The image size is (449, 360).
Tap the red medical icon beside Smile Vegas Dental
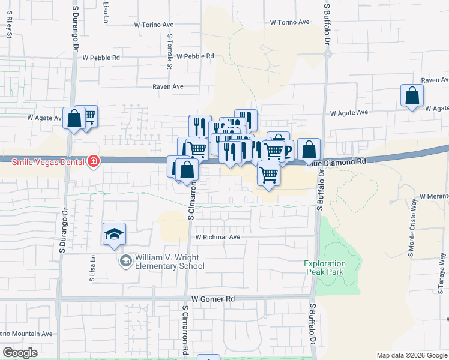(x=93, y=161)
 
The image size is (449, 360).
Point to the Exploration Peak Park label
(x=325, y=268)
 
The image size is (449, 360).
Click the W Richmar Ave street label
(x=217, y=237)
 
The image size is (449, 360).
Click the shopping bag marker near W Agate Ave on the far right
(x=412, y=95)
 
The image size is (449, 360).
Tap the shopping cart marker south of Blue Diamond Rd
(x=268, y=175)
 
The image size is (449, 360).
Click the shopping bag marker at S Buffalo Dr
(x=309, y=149)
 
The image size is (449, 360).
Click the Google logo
(x=20, y=353)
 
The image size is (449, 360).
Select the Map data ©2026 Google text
(x=412, y=355)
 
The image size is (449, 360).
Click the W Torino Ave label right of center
(x=289, y=22)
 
